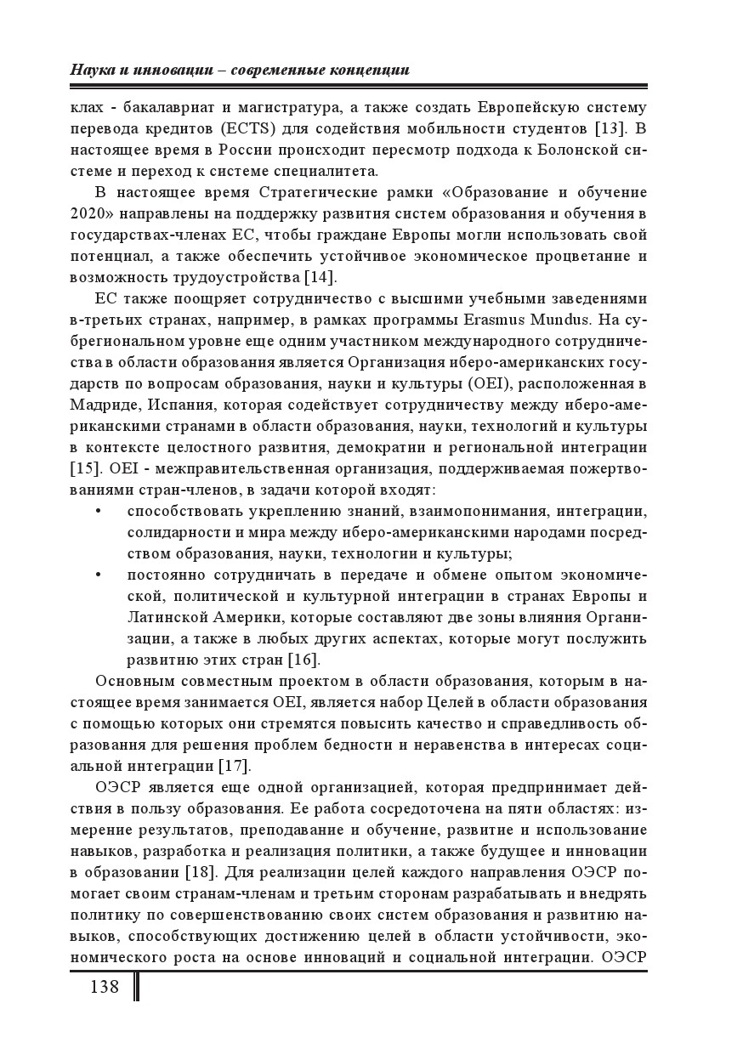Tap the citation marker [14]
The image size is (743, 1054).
pos(320,277)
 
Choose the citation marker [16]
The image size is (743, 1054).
pos(303,660)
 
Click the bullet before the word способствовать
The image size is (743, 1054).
pos(99,512)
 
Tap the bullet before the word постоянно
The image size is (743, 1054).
pos(99,575)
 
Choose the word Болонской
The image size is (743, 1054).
pos(573,150)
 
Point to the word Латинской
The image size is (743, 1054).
pos(170,617)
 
